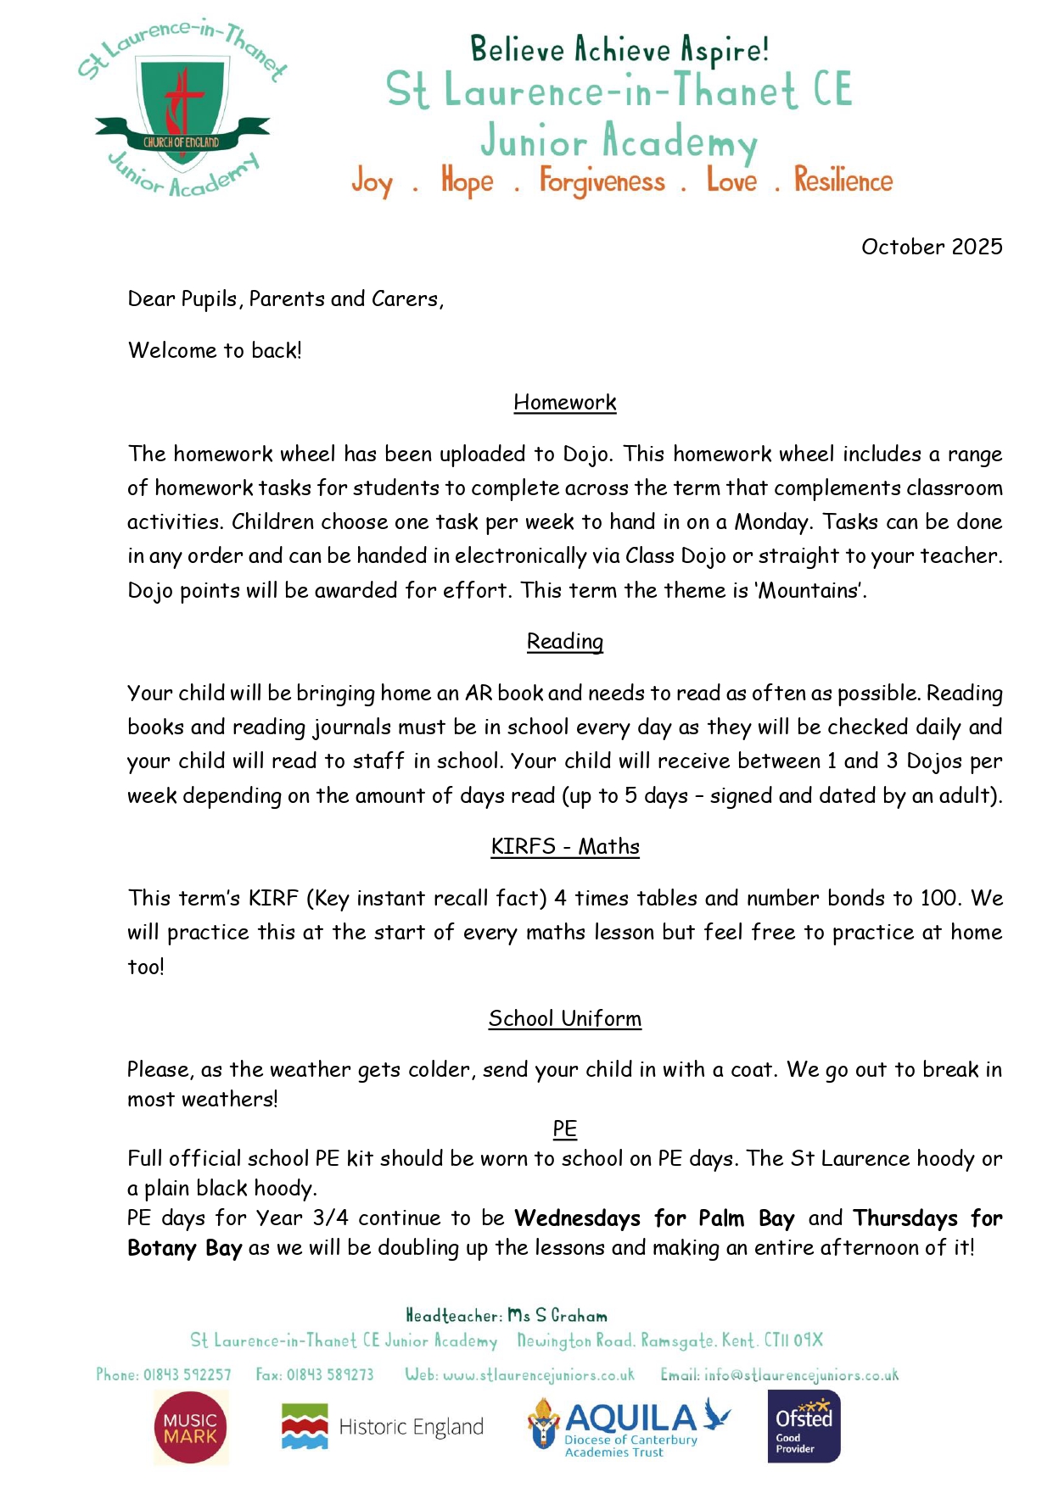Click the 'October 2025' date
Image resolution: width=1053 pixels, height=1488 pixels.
tap(931, 247)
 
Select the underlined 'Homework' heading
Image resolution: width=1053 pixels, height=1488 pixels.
tap(564, 402)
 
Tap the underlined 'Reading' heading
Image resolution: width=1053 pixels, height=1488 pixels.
tap(564, 642)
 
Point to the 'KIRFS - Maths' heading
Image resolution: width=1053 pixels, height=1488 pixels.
tap(564, 846)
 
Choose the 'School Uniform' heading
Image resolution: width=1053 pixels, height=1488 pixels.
tap(564, 1018)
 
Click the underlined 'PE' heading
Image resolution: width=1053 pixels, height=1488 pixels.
tap(564, 1129)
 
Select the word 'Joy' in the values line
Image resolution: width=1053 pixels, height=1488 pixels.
tap(372, 181)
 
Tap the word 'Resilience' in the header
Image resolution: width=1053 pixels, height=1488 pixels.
tap(843, 181)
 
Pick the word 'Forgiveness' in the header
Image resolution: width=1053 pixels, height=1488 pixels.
tap(602, 181)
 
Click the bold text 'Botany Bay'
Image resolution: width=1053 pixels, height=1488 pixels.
tap(184, 1248)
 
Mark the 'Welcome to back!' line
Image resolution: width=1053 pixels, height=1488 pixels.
tap(215, 350)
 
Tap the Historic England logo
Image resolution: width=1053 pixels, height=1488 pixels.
tap(382, 1427)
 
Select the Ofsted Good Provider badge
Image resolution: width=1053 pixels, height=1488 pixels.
tap(803, 1426)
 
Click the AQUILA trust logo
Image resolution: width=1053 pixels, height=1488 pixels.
tap(628, 1427)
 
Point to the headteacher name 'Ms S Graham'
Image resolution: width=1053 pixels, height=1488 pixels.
tap(557, 1316)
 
